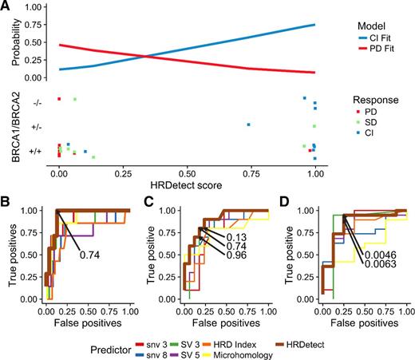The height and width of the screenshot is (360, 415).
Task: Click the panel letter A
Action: (6, 6)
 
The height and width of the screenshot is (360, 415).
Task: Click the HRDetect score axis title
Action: (187, 184)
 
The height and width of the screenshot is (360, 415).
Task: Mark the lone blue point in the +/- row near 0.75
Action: (249, 125)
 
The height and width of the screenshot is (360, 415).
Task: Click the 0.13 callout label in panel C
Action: (235, 237)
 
